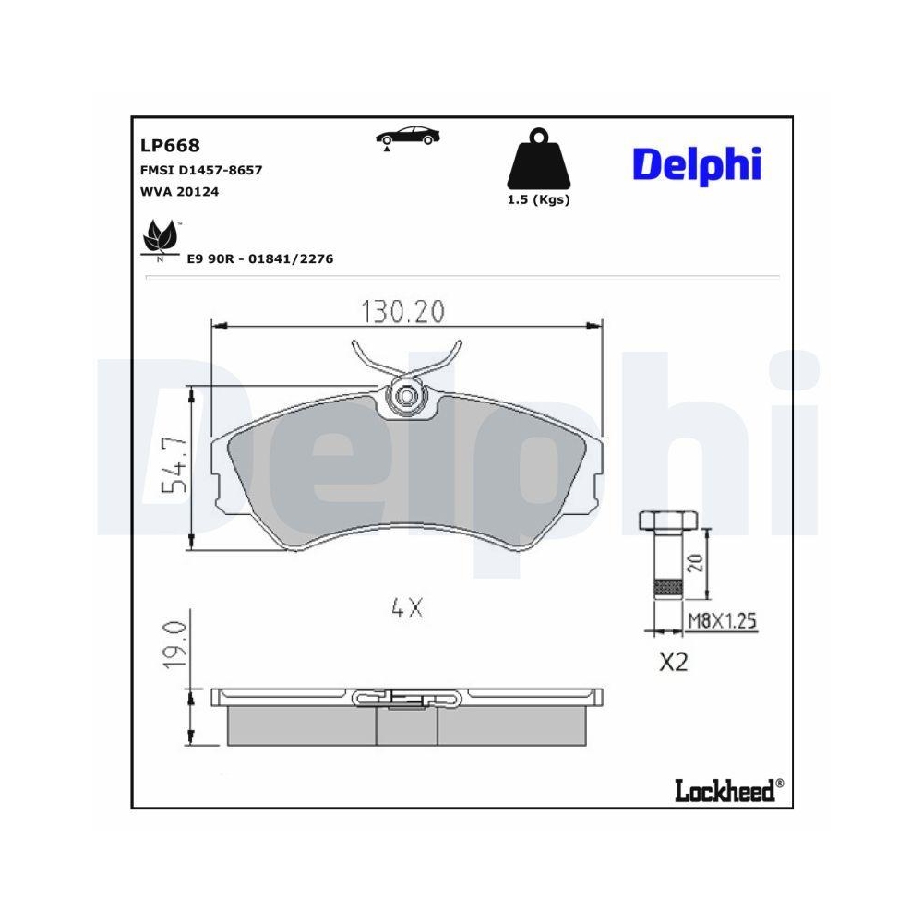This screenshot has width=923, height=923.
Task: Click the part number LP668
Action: [x=170, y=145]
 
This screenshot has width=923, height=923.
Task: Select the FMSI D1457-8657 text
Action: [x=201, y=170]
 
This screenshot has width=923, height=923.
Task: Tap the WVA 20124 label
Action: [x=179, y=192]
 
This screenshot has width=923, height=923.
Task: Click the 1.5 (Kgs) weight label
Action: [x=538, y=200]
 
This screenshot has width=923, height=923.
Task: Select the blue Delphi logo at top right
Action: [x=697, y=164]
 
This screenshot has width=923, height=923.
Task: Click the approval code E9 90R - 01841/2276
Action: [x=259, y=259]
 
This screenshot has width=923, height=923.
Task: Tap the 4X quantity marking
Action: [x=406, y=608]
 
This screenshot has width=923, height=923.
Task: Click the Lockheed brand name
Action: [x=724, y=790]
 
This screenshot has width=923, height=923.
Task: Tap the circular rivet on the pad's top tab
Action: [x=404, y=397]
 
